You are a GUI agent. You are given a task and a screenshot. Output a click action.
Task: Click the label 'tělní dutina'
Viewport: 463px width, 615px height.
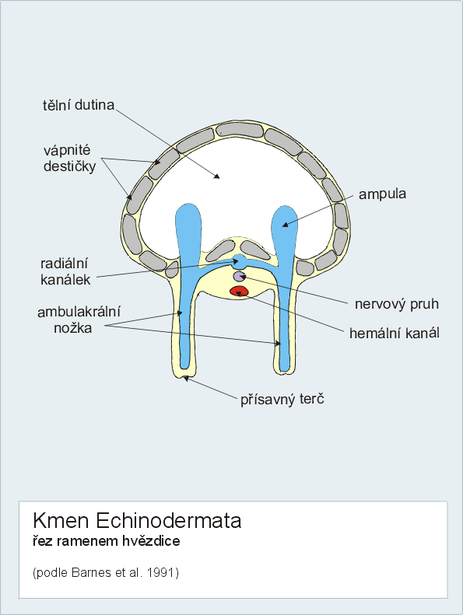pos(78,105)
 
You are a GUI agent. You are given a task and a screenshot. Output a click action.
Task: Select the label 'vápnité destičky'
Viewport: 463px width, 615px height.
pos(69,159)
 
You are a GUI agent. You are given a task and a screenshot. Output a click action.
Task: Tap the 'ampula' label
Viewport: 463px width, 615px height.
pos(382,194)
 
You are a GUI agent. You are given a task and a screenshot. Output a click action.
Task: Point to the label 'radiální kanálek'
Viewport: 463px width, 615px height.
pos(65,271)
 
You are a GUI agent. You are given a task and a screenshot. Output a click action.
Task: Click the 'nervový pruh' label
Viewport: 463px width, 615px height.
pos(397,304)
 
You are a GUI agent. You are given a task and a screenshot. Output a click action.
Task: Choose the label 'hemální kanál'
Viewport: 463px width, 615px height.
pos(395,333)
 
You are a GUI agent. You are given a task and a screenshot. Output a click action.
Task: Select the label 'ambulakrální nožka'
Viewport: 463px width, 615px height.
pos(79,320)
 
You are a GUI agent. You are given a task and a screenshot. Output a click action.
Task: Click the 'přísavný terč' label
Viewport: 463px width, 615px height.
pos(282,400)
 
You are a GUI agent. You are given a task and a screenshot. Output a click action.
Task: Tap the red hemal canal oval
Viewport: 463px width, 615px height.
pos(239,291)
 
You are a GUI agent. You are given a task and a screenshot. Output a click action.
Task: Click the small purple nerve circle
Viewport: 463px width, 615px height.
pos(239,277)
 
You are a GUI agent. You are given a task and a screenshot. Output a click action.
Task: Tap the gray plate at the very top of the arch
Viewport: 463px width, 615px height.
pos(240,130)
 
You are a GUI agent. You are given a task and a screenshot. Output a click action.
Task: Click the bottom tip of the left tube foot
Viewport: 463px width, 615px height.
pos(184,377)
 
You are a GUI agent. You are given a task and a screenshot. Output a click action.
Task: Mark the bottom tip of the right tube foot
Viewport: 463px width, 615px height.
pos(284,372)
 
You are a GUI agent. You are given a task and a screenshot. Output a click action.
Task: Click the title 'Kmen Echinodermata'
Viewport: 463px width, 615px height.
pos(137,521)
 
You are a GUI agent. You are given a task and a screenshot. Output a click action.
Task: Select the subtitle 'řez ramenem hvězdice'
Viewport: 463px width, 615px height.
pos(107,541)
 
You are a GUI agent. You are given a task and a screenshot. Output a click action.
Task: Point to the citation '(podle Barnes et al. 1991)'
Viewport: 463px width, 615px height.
pos(106,573)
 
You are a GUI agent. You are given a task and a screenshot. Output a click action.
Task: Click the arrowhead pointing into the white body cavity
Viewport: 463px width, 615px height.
pos(217,176)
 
